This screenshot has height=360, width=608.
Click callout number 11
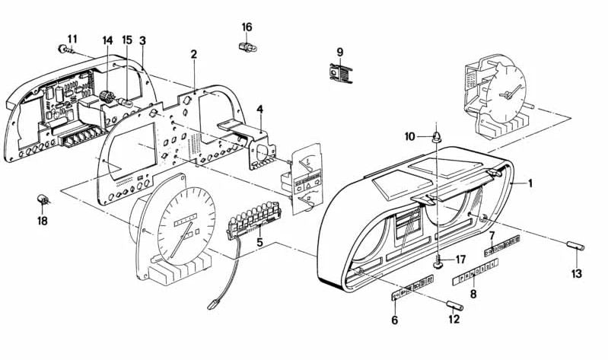(72, 39)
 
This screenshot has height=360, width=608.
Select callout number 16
(247, 27)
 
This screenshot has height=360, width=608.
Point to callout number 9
(340, 52)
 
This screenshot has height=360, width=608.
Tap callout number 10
(410, 136)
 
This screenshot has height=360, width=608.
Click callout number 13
(576, 273)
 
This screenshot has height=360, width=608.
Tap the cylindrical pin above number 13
(576, 247)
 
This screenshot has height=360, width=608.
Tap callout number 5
(259, 243)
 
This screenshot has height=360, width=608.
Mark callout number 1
(531, 183)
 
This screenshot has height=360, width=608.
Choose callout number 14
(107, 40)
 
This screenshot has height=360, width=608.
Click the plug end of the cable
(213, 306)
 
